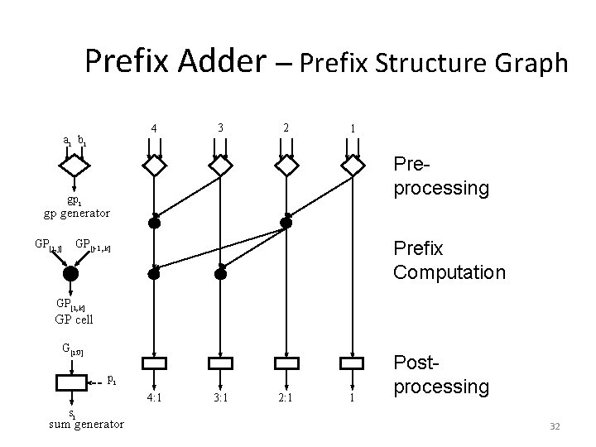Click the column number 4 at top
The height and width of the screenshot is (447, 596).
154,128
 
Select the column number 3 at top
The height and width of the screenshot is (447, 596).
219,127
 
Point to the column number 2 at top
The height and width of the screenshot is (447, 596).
286,127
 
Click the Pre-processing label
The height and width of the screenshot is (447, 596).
441,178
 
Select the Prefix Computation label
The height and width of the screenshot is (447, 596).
449,259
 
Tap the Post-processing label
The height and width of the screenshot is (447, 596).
441,375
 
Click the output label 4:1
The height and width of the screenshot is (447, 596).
154,397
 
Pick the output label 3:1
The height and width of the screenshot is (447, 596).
220,397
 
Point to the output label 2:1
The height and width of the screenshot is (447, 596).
286,397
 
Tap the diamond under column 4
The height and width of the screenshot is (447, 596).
154,166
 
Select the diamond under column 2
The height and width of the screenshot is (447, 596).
286,166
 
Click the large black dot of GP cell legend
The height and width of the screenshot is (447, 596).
71,273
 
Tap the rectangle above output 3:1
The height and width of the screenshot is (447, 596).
220,363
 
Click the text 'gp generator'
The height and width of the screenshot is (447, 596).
76,213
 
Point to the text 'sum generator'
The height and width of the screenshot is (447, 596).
87,425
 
